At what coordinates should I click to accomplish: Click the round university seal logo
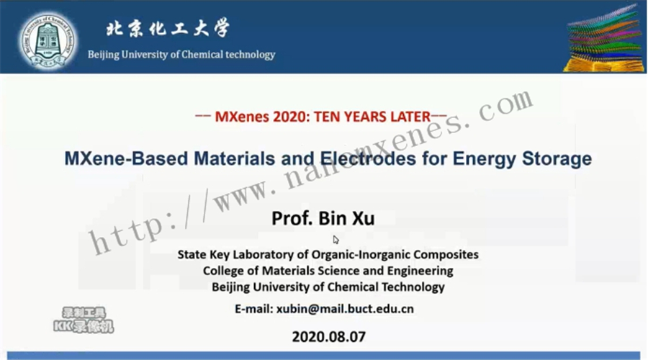(49, 40)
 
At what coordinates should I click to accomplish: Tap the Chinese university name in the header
(168, 29)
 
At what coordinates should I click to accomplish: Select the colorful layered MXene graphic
(605, 39)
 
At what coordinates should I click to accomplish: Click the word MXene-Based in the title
(126, 158)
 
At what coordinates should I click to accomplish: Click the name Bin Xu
(346, 218)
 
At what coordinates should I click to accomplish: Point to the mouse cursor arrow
(336, 240)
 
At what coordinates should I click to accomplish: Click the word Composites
(446, 255)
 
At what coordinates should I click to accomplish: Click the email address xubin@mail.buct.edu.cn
(345, 309)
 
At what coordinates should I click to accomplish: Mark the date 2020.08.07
(329, 337)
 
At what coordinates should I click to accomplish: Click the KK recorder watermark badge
(84, 320)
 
